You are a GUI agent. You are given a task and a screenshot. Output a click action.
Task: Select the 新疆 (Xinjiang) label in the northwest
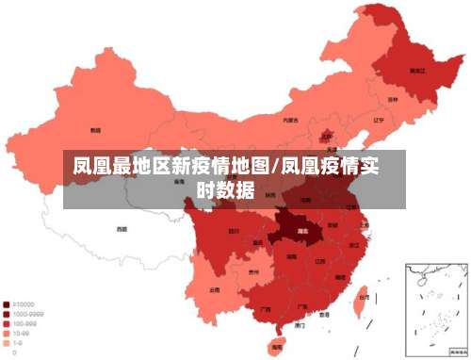(95, 130)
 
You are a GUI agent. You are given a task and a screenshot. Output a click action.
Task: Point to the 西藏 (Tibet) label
(122, 228)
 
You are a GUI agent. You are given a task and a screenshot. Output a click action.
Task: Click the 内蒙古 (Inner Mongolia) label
(291, 121)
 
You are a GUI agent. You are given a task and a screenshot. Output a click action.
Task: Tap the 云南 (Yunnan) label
(216, 290)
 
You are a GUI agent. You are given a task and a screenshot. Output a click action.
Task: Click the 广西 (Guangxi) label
(265, 308)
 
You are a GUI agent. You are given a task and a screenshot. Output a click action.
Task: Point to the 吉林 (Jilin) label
(392, 98)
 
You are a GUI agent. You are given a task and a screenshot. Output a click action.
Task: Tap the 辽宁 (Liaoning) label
(378, 121)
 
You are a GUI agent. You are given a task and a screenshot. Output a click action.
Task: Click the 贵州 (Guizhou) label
(253, 273)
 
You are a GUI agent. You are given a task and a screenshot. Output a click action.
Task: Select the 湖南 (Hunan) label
(291, 266)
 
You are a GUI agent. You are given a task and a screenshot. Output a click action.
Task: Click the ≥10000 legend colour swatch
(8, 304)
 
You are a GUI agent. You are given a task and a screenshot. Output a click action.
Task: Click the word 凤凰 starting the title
(92, 169)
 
